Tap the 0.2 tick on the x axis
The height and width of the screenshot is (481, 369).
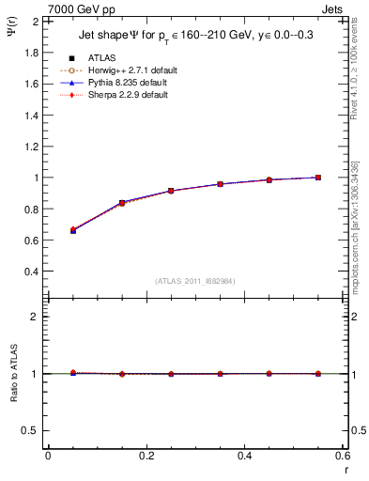pyautogui.click(x=146, y=456)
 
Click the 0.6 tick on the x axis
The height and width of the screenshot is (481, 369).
pyautogui.click(x=343, y=456)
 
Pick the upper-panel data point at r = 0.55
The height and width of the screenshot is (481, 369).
pyautogui.click(x=318, y=177)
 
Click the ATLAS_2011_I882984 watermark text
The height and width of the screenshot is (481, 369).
pyautogui.click(x=196, y=280)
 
